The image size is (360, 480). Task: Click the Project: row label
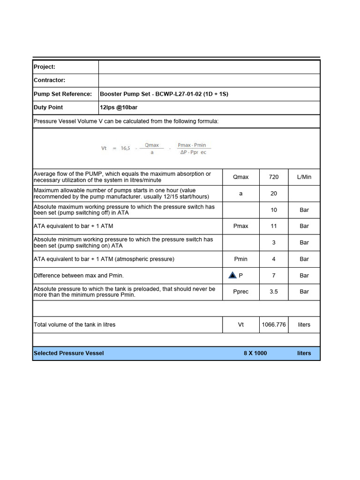(45, 67)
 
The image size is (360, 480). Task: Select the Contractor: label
(49, 81)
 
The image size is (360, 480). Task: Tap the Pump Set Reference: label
(63, 94)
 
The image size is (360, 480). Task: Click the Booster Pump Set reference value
(164, 94)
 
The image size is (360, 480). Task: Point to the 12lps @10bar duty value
(119, 108)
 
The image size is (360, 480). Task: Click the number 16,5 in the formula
(125, 148)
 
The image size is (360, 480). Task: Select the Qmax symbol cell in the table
(240, 177)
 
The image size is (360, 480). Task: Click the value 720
(274, 177)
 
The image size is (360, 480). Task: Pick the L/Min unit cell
(304, 177)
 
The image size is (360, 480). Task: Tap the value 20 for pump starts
(274, 194)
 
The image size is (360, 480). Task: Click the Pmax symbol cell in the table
(240, 226)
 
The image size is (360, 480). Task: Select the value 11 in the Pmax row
(274, 226)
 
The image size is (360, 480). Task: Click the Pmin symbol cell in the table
(240, 259)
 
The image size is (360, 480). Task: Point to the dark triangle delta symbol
(232, 275)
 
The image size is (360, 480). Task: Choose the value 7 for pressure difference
(274, 276)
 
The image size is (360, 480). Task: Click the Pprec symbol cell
(240, 292)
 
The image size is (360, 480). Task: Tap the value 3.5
(274, 292)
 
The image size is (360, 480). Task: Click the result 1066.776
(274, 325)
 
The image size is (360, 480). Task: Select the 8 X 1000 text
(255, 353)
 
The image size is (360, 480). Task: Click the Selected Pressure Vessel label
(69, 353)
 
